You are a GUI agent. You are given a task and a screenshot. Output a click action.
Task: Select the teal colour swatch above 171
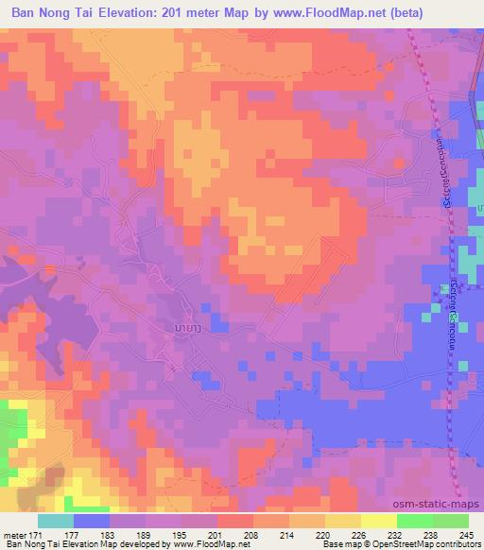click(x=56, y=521)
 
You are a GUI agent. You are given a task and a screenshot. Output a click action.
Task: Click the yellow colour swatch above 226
click(x=378, y=521)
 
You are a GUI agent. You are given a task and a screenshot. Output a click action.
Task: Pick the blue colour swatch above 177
click(x=92, y=521)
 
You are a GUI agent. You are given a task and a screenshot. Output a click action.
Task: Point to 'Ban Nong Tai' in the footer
click(x=28, y=545)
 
